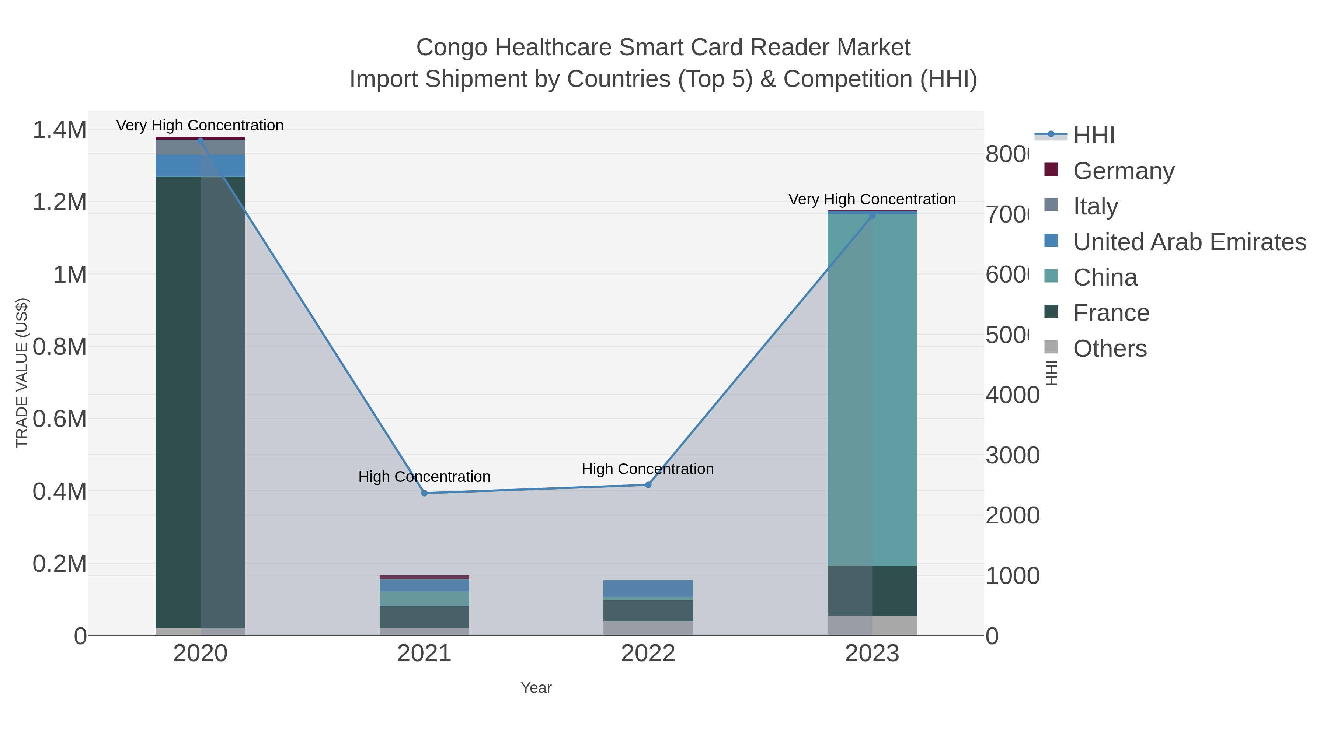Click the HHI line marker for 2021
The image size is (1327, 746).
point(425,493)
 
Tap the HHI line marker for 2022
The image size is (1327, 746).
point(648,485)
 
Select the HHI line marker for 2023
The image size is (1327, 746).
point(872,216)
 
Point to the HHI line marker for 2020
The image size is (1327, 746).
point(201,141)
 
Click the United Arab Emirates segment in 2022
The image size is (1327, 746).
point(648,588)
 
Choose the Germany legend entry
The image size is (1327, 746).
point(1124,171)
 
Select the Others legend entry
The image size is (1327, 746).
point(1110,348)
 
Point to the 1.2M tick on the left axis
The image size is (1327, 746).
point(59,202)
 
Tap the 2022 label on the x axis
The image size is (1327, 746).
point(648,654)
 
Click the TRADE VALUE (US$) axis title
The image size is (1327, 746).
point(22,373)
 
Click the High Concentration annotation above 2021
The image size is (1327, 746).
point(425,477)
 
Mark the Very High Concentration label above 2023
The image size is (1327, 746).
point(872,199)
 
